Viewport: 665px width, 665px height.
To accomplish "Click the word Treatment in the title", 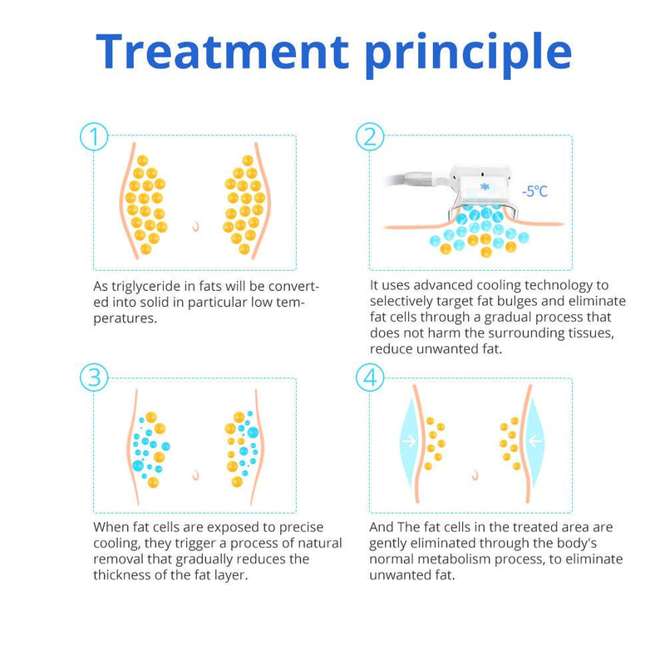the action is [x=222, y=52].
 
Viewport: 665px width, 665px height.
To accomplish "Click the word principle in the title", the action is [x=468, y=55].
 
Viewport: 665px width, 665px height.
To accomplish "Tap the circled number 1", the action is [x=94, y=136].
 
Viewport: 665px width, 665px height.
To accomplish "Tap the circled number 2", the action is [x=370, y=136].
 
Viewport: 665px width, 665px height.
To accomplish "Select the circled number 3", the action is [x=94, y=377].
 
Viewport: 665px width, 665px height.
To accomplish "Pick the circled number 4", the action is [x=370, y=377].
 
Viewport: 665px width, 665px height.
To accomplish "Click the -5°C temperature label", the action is [x=534, y=191].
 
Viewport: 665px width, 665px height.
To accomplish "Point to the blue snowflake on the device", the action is [x=485, y=186].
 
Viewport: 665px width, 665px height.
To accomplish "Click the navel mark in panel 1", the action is [x=195, y=226].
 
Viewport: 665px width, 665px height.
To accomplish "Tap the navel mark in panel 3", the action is [x=195, y=475].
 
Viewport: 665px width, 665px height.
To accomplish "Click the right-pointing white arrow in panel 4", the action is [x=409, y=441].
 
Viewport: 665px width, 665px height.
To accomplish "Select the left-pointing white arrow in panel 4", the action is [x=535, y=441].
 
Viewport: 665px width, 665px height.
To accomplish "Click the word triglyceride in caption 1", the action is [x=145, y=287].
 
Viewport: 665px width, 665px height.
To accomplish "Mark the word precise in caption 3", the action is [x=301, y=528].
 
